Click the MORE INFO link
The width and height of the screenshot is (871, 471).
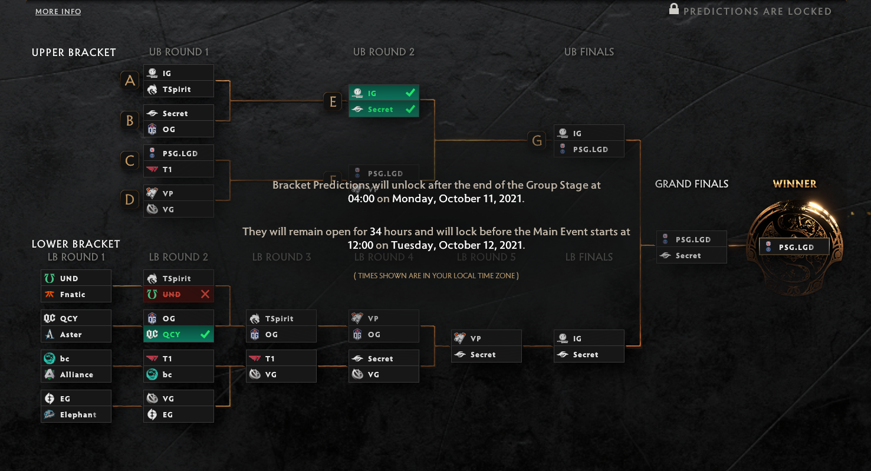58,12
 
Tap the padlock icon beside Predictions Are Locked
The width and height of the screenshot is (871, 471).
673,9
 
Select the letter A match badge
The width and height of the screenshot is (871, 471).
130,80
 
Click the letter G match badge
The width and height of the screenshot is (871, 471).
537,141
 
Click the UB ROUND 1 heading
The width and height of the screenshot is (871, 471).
179,52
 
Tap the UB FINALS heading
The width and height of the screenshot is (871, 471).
589,52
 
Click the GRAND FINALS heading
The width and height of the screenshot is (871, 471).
691,184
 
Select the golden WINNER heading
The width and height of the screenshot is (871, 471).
794,184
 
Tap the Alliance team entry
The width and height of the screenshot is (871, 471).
76,374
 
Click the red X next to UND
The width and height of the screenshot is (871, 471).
205,294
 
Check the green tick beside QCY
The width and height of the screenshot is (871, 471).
205,334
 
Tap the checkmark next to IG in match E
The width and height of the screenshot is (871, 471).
410,93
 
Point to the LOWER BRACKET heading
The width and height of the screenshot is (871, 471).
75,244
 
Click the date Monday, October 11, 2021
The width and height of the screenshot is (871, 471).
458,199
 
